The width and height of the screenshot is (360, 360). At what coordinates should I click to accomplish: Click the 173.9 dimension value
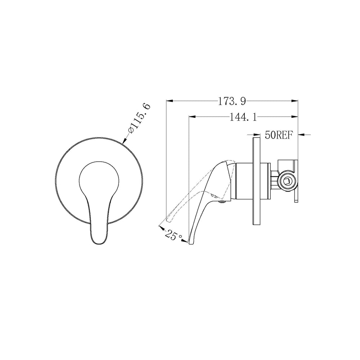231,101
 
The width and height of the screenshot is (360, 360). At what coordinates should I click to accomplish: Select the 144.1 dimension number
243,118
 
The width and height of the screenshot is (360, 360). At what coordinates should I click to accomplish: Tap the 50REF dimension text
279,135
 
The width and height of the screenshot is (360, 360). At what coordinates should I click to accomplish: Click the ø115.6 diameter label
140,118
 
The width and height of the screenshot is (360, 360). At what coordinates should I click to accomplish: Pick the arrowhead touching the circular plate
126,140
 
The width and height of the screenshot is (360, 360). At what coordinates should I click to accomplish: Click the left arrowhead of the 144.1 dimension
192,117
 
